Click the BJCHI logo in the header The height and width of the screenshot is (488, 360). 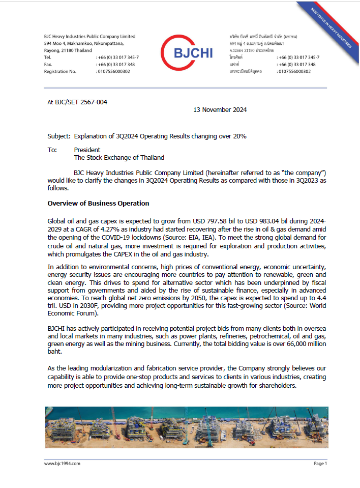coord(187,52)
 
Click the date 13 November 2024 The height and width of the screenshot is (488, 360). coord(220,110)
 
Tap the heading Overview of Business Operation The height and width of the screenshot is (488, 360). coord(98,204)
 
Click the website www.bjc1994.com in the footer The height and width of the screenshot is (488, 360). coord(63,464)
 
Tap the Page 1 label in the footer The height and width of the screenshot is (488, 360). coord(320,464)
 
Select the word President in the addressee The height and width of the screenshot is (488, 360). coord(87,150)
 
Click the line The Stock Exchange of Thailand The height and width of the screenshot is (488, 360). coord(119,158)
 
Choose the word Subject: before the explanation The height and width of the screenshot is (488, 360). coord(59,136)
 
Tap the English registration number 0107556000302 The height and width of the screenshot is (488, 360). coord(113,72)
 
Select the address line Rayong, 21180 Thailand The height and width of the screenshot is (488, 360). coord(68,50)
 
